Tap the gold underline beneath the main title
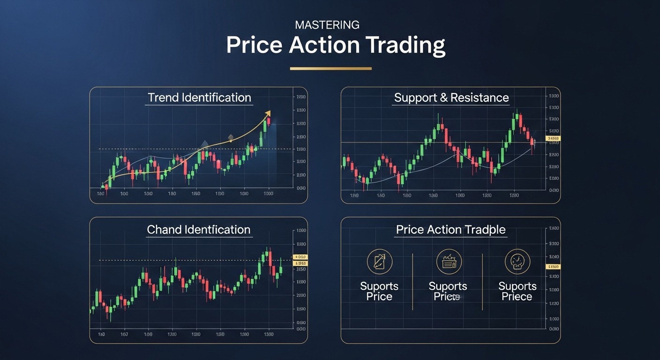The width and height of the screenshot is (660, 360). point(330,68)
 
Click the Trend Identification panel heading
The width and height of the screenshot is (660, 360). point(199,97)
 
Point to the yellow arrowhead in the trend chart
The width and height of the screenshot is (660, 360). point(268,113)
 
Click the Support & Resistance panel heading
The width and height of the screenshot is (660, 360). point(451,97)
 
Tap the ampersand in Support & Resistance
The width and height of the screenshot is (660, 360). point(443,98)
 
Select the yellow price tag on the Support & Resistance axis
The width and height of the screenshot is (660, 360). point(553,139)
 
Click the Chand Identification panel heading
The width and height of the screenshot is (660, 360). point(199,230)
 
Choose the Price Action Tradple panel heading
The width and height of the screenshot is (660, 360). point(450,230)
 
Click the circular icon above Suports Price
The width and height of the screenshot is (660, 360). point(379,262)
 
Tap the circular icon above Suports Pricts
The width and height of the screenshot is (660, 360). point(449,262)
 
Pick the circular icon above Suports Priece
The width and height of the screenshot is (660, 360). point(517,262)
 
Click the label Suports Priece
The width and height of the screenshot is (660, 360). point(517,291)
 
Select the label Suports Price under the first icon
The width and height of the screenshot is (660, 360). point(379,291)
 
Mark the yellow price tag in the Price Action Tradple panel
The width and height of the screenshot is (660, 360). point(553,266)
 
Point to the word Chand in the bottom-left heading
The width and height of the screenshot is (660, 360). point(164,230)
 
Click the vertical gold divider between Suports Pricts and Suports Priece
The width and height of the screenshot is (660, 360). point(482,281)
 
